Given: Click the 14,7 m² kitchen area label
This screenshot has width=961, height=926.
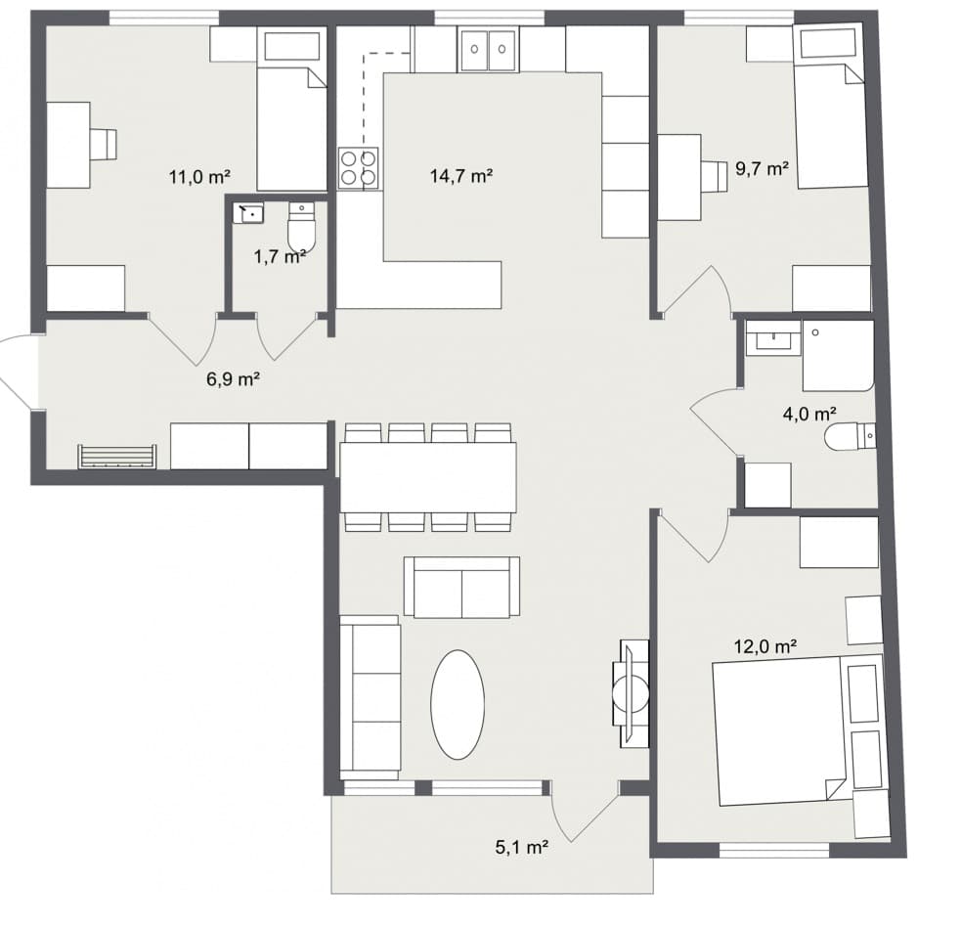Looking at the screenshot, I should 459,177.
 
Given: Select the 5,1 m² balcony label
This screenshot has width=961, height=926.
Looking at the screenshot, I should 520,848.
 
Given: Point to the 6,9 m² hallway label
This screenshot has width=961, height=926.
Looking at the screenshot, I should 232,379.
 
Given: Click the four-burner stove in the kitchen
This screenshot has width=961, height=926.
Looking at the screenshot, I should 358,168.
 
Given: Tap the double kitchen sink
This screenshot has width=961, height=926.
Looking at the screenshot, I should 488,48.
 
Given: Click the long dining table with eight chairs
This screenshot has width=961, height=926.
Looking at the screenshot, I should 427,477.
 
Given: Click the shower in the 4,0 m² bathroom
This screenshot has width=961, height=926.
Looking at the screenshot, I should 838,355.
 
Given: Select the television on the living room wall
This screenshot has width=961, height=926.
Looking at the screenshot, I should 630,695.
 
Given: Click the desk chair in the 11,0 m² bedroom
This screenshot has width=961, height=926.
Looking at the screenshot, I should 103,144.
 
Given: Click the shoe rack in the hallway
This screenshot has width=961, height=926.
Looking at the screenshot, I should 117,457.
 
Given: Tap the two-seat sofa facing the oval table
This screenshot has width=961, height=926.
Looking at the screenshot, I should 461,587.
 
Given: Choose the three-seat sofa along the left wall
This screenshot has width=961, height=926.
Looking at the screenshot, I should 370,696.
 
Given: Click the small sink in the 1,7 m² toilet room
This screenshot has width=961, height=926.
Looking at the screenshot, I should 247,212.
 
